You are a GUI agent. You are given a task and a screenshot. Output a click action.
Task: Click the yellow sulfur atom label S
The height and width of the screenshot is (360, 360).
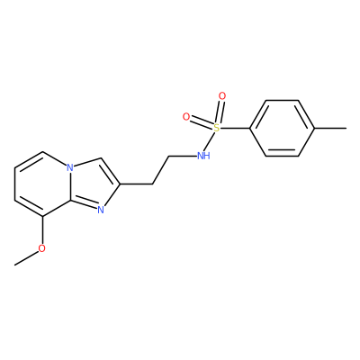pos(216,128)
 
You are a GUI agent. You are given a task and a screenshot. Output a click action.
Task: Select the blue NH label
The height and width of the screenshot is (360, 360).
pos(203,156)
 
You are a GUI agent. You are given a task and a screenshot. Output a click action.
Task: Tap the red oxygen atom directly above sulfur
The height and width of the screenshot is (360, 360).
pos(222,96)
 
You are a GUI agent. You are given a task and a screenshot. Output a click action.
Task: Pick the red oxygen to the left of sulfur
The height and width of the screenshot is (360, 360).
pos(186,117)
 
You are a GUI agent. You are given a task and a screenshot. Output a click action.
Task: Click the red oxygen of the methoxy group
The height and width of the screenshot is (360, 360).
pos(42,248)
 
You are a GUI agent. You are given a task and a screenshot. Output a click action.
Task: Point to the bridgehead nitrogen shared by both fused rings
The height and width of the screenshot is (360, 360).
pos(70,167)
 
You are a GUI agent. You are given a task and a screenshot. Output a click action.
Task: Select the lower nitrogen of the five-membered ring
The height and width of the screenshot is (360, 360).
pos(101,210)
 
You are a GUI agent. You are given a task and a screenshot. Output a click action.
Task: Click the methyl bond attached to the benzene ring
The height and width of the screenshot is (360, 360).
pos(330,129)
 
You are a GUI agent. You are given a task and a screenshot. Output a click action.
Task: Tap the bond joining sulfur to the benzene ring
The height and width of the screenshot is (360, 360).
pos(235,129)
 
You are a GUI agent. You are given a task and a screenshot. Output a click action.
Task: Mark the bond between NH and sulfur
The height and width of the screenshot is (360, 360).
pos(210,141)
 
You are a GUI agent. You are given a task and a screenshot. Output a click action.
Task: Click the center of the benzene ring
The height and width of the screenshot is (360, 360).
pos(283,129)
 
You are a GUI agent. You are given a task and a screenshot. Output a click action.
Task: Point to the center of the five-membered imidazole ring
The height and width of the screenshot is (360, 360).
pos(92,184)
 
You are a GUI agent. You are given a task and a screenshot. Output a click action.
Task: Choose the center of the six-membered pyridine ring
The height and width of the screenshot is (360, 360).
pos(42,184)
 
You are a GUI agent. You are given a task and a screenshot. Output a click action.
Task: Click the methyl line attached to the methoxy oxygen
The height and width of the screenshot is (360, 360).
pos(26,257)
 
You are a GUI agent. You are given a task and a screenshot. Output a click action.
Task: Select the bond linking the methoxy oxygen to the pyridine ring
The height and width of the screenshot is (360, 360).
pos(42,230)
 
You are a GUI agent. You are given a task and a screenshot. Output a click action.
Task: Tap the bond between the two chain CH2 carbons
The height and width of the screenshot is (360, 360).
pos(162,170)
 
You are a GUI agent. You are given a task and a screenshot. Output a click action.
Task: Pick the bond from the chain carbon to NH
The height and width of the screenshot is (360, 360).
pos(183,156)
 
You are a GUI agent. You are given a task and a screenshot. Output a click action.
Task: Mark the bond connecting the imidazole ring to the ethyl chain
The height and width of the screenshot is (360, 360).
pos(137,184)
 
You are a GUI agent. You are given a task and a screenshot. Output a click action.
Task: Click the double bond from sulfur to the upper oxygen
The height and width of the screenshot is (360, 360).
pos(220,112)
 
